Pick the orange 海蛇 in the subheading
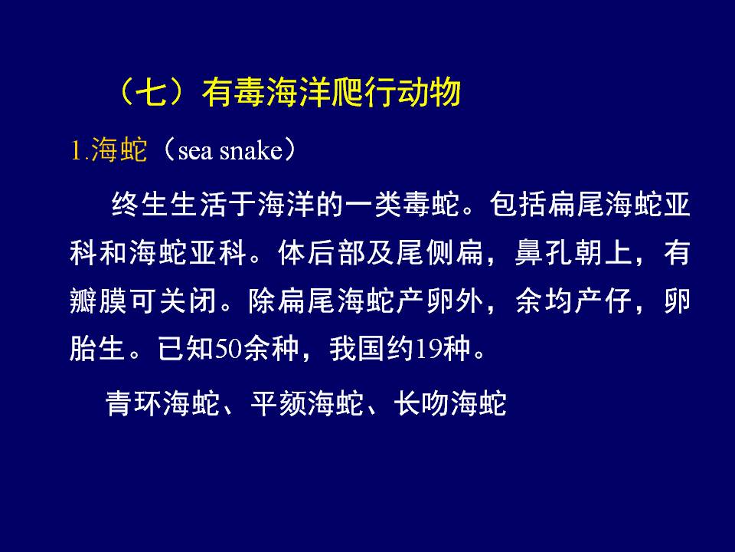click(x=119, y=150)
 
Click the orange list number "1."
click(x=79, y=151)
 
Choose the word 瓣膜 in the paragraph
click(x=98, y=301)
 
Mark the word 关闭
click(x=188, y=301)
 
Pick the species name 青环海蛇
click(x=162, y=402)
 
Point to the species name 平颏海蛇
click(x=307, y=402)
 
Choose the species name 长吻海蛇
click(x=450, y=402)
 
